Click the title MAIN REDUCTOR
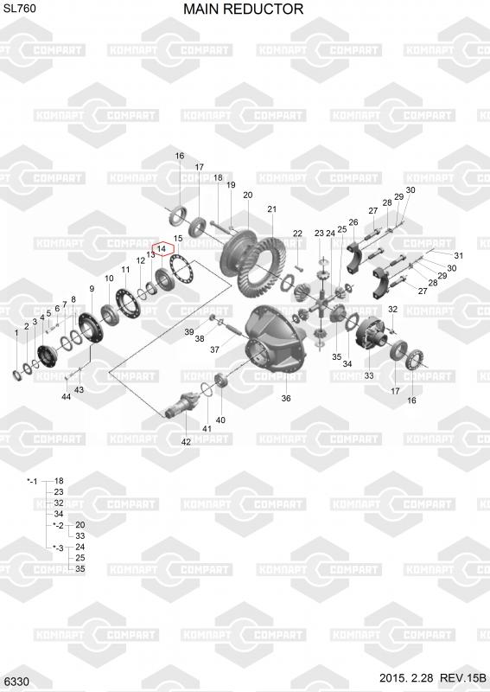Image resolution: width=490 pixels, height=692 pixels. click(243, 9)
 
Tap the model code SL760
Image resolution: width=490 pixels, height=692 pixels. click(20, 8)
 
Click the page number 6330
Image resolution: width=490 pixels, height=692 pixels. click(17, 682)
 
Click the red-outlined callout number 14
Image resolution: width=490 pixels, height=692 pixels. click(162, 249)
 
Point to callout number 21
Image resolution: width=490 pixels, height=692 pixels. click(271, 208)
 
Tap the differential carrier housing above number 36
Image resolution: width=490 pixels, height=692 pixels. click(275, 341)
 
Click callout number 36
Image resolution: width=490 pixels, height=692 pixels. click(286, 398)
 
